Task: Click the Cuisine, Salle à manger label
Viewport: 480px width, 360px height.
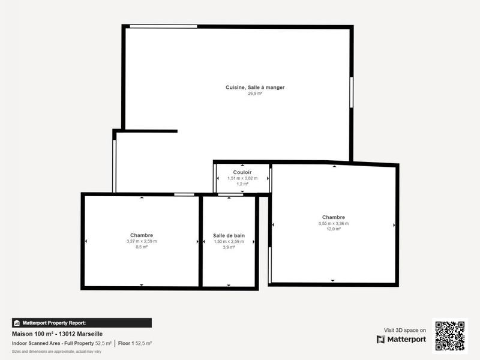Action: (255, 88)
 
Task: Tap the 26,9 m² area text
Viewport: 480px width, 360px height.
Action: (255, 94)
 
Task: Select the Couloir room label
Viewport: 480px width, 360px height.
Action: (242, 172)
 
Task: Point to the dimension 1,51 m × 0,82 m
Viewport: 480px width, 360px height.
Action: (242, 178)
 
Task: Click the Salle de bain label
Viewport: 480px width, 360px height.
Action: (229, 235)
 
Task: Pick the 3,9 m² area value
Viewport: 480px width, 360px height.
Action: (229, 247)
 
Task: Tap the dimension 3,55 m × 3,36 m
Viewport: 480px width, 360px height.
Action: (334, 223)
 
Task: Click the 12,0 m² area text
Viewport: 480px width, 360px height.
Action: (334, 229)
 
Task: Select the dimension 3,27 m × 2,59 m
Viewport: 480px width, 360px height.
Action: (142, 241)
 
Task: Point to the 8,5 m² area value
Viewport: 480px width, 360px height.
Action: (142, 247)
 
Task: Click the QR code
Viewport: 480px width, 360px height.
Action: (450, 336)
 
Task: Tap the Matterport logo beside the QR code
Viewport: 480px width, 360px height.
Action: (401, 340)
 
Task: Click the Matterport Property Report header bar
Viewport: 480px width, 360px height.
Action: (82, 323)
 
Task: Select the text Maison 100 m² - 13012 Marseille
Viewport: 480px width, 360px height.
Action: (58, 334)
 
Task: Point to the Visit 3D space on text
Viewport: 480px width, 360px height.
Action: (405, 330)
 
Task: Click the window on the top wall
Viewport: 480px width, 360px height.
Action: (163, 26)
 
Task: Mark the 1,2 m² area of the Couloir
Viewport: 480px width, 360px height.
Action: (242, 184)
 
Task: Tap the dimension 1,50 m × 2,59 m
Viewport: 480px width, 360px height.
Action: (229, 241)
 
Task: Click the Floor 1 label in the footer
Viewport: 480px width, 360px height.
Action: (126, 343)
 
